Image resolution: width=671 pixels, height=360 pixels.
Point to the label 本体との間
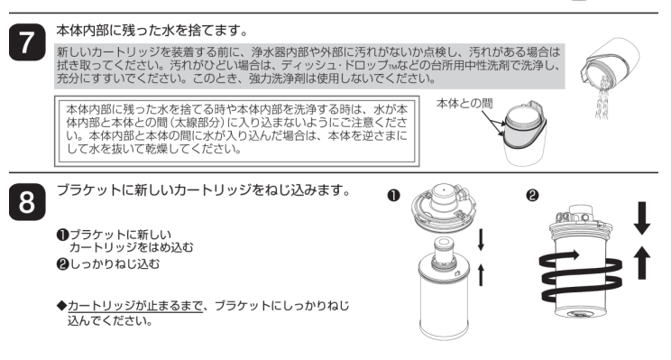tap(464, 105)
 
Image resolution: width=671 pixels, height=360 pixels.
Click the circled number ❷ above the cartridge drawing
tap(530, 192)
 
